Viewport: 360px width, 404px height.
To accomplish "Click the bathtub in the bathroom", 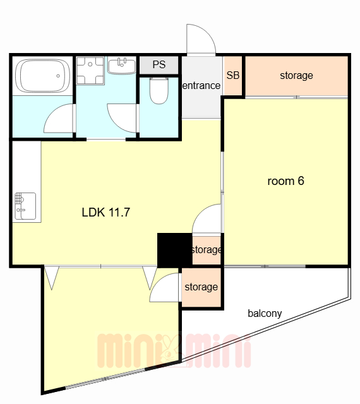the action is (x=42, y=76).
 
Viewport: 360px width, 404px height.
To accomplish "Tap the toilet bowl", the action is (x=159, y=91).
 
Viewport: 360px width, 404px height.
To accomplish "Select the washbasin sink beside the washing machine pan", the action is (x=122, y=66).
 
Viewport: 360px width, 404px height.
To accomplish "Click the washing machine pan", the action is (x=90, y=71).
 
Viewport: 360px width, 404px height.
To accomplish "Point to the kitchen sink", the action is (x=25, y=206).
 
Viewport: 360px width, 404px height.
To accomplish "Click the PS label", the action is (x=159, y=64).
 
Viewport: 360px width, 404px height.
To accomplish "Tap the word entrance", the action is (x=201, y=86).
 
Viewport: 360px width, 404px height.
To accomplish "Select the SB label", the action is (x=233, y=75).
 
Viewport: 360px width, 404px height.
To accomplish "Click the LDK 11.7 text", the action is (x=105, y=212).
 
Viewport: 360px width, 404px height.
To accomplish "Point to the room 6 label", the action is (x=285, y=181).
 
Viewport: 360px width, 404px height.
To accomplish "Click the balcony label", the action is (x=265, y=313).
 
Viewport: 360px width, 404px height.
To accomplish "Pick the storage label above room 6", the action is (x=296, y=76).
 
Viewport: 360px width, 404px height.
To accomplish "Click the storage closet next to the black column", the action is (x=207, y=250).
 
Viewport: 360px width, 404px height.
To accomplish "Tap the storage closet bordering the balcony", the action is (x=201, y=287).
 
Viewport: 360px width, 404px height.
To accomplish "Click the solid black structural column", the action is (x=175, y=251).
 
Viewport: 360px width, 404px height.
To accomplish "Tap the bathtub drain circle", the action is (x=58, y=76).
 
